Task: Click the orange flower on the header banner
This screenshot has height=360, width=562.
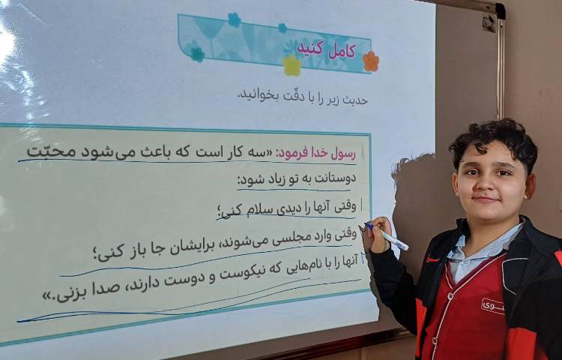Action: click(x=370, y=61)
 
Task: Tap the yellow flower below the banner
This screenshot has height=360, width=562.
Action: click(x=291, y=66)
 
